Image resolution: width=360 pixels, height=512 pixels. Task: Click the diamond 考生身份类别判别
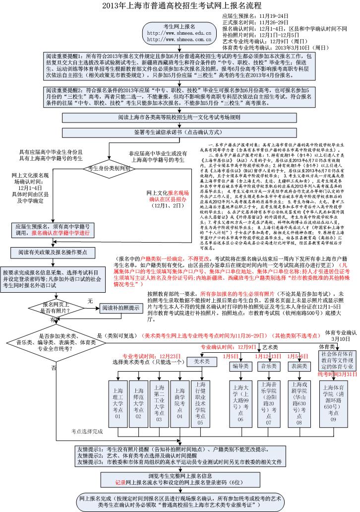109,168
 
